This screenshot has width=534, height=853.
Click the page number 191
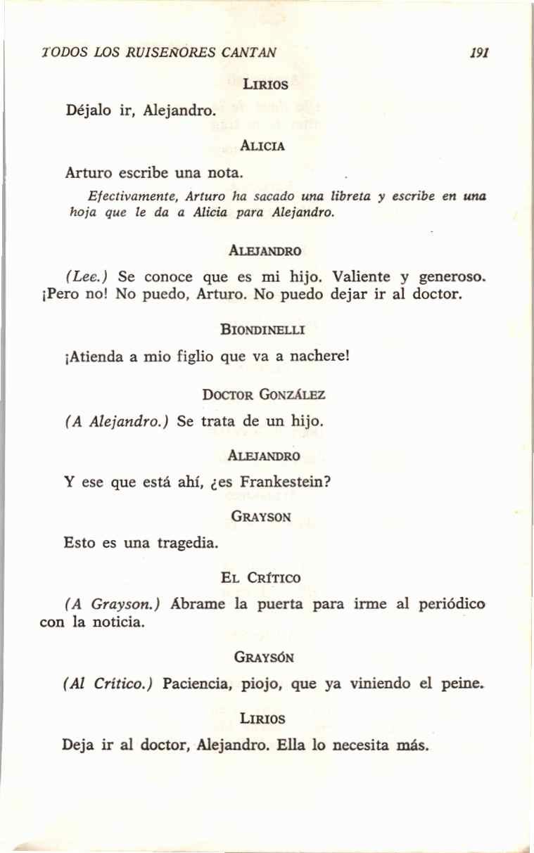pos(481,53)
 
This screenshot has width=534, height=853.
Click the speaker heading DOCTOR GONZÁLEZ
pos(263,395)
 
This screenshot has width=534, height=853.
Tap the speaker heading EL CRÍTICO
pos(260,578)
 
